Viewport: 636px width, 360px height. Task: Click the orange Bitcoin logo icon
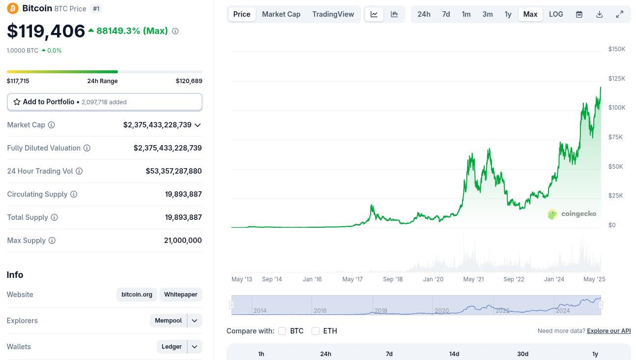pos(13,8)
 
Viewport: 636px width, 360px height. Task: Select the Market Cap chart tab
pos(281,14)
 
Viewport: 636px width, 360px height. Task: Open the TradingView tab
pos(333,14)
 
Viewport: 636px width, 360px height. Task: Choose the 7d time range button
pos(446,14)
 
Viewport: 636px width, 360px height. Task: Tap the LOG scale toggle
pos(556,14)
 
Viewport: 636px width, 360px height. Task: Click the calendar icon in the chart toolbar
pos(579,14)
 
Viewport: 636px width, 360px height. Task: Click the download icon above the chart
pos(599,14)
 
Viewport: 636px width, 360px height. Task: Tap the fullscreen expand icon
pos(619,14)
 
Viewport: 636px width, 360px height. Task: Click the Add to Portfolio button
pos(105,102)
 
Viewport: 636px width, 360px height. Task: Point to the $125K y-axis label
pos(616,78)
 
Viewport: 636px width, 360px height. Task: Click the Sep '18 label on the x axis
pos(393,279)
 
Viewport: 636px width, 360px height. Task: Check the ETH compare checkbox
pos(316,330)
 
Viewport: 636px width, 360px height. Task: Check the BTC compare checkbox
pos(282,330)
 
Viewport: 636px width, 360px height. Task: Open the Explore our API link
pos(609,330)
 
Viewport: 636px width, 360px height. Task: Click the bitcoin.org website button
pos(137,295)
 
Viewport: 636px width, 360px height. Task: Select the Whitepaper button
pos(180,295)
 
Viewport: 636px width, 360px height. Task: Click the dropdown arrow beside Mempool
pos(195,321)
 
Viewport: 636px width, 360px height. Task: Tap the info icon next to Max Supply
pos(52,240)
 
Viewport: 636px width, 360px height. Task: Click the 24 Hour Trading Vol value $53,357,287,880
pos(173,171)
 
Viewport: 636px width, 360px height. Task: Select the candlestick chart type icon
pos(394,14)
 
